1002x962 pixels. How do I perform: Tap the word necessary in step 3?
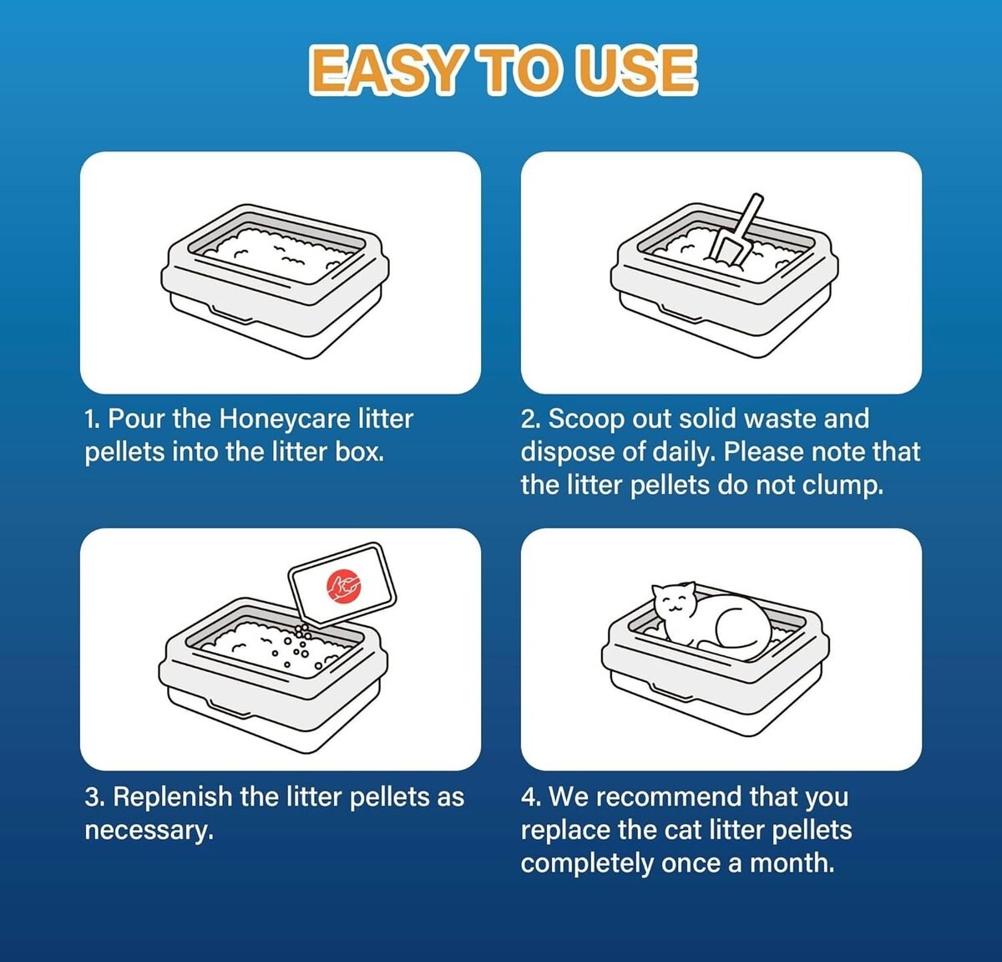149,830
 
